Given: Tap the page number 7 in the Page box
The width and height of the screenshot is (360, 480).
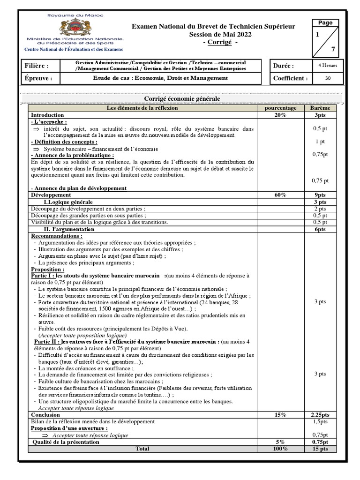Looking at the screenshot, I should tap(333, 49).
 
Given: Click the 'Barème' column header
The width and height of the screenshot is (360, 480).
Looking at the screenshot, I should tap(320, 108).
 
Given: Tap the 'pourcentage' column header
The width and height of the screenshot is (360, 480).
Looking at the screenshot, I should tap(280, 108).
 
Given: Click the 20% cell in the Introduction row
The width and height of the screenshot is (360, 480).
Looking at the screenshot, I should tap(280, 115).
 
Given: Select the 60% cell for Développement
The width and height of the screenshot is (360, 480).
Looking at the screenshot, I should tap(280, 194).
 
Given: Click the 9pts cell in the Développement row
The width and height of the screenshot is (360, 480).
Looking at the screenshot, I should tap(320, 194).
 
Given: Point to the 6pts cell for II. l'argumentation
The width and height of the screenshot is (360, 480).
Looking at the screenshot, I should tap(320, 230).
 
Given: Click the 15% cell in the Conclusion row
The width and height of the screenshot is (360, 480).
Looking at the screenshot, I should tap(280, 415).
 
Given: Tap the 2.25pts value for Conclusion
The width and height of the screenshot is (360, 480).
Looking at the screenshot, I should tap(320, 415).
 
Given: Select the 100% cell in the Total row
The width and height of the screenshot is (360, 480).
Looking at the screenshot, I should tap(280, 449).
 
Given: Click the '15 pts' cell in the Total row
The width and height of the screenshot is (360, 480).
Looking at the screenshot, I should tap(320, 449).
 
